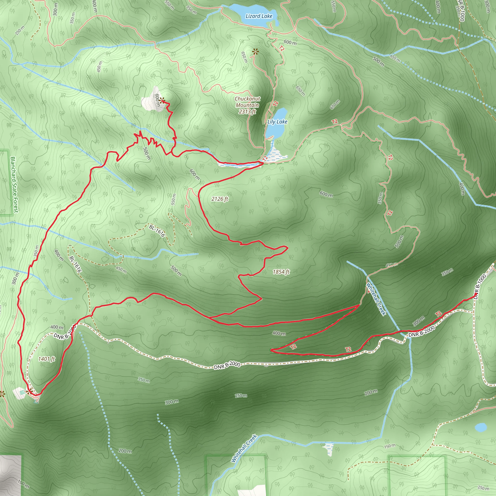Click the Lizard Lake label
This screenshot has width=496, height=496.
click(x=259, y=16)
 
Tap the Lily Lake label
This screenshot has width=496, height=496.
click(x=277, y=122)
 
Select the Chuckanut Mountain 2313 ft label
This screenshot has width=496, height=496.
click(x=247, y=105)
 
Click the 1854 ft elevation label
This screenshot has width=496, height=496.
click(x=281, y=272)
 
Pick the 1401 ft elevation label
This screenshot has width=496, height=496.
click(x=46, y=359)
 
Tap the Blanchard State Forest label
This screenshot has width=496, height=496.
click(x=14, y=185)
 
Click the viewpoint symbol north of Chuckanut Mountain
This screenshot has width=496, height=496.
click(x=255, y=52)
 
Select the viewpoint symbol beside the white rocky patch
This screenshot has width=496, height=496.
click(x=162, y=100)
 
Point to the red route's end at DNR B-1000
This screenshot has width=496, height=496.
click(x=476, y=293)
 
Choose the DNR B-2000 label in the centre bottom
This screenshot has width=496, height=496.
click(x=227, y=365)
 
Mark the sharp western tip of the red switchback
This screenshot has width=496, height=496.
click(x=271, y=350)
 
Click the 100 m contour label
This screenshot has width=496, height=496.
click(x=23, y=484)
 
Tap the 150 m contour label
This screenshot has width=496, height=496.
click(x=390, y=446)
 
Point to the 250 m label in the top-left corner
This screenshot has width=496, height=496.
click(x=20, y=31)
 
